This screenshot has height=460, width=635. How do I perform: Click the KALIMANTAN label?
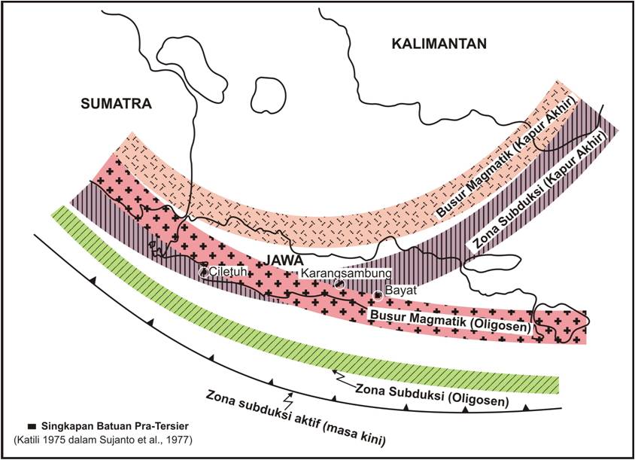coord(439,44)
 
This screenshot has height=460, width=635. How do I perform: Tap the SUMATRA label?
coord(116,103)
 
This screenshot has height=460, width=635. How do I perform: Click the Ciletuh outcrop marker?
coord(203,272)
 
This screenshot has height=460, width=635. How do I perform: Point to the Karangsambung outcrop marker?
coord(340,284)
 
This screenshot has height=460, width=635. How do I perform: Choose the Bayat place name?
coord(401,290)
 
